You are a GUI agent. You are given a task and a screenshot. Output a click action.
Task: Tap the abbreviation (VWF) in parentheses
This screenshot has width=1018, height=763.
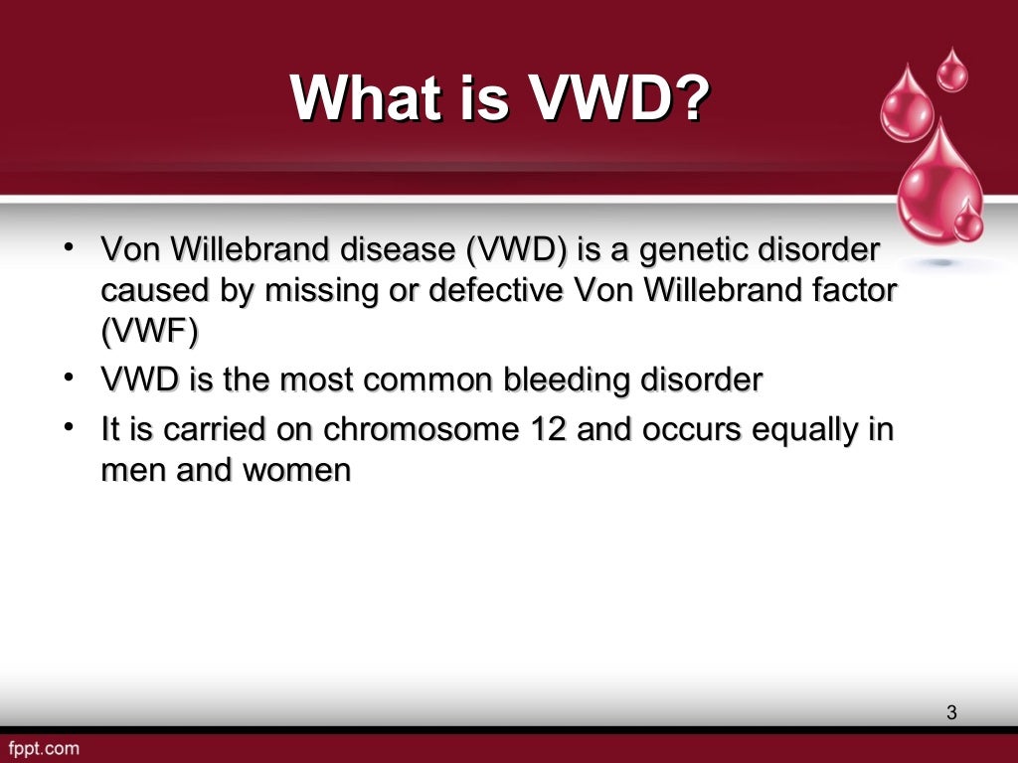click(148, 333)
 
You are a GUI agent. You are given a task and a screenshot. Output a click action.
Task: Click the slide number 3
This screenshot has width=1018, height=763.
click(951, 711)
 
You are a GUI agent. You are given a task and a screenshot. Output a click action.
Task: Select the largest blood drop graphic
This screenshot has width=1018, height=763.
click(938, 184)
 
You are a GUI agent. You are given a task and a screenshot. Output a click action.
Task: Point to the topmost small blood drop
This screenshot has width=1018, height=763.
click(952, 72)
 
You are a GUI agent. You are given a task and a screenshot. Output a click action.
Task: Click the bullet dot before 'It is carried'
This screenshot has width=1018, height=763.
click(67, 427)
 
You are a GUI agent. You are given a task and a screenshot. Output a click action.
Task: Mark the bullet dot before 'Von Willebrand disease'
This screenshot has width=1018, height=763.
click(67, 247)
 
